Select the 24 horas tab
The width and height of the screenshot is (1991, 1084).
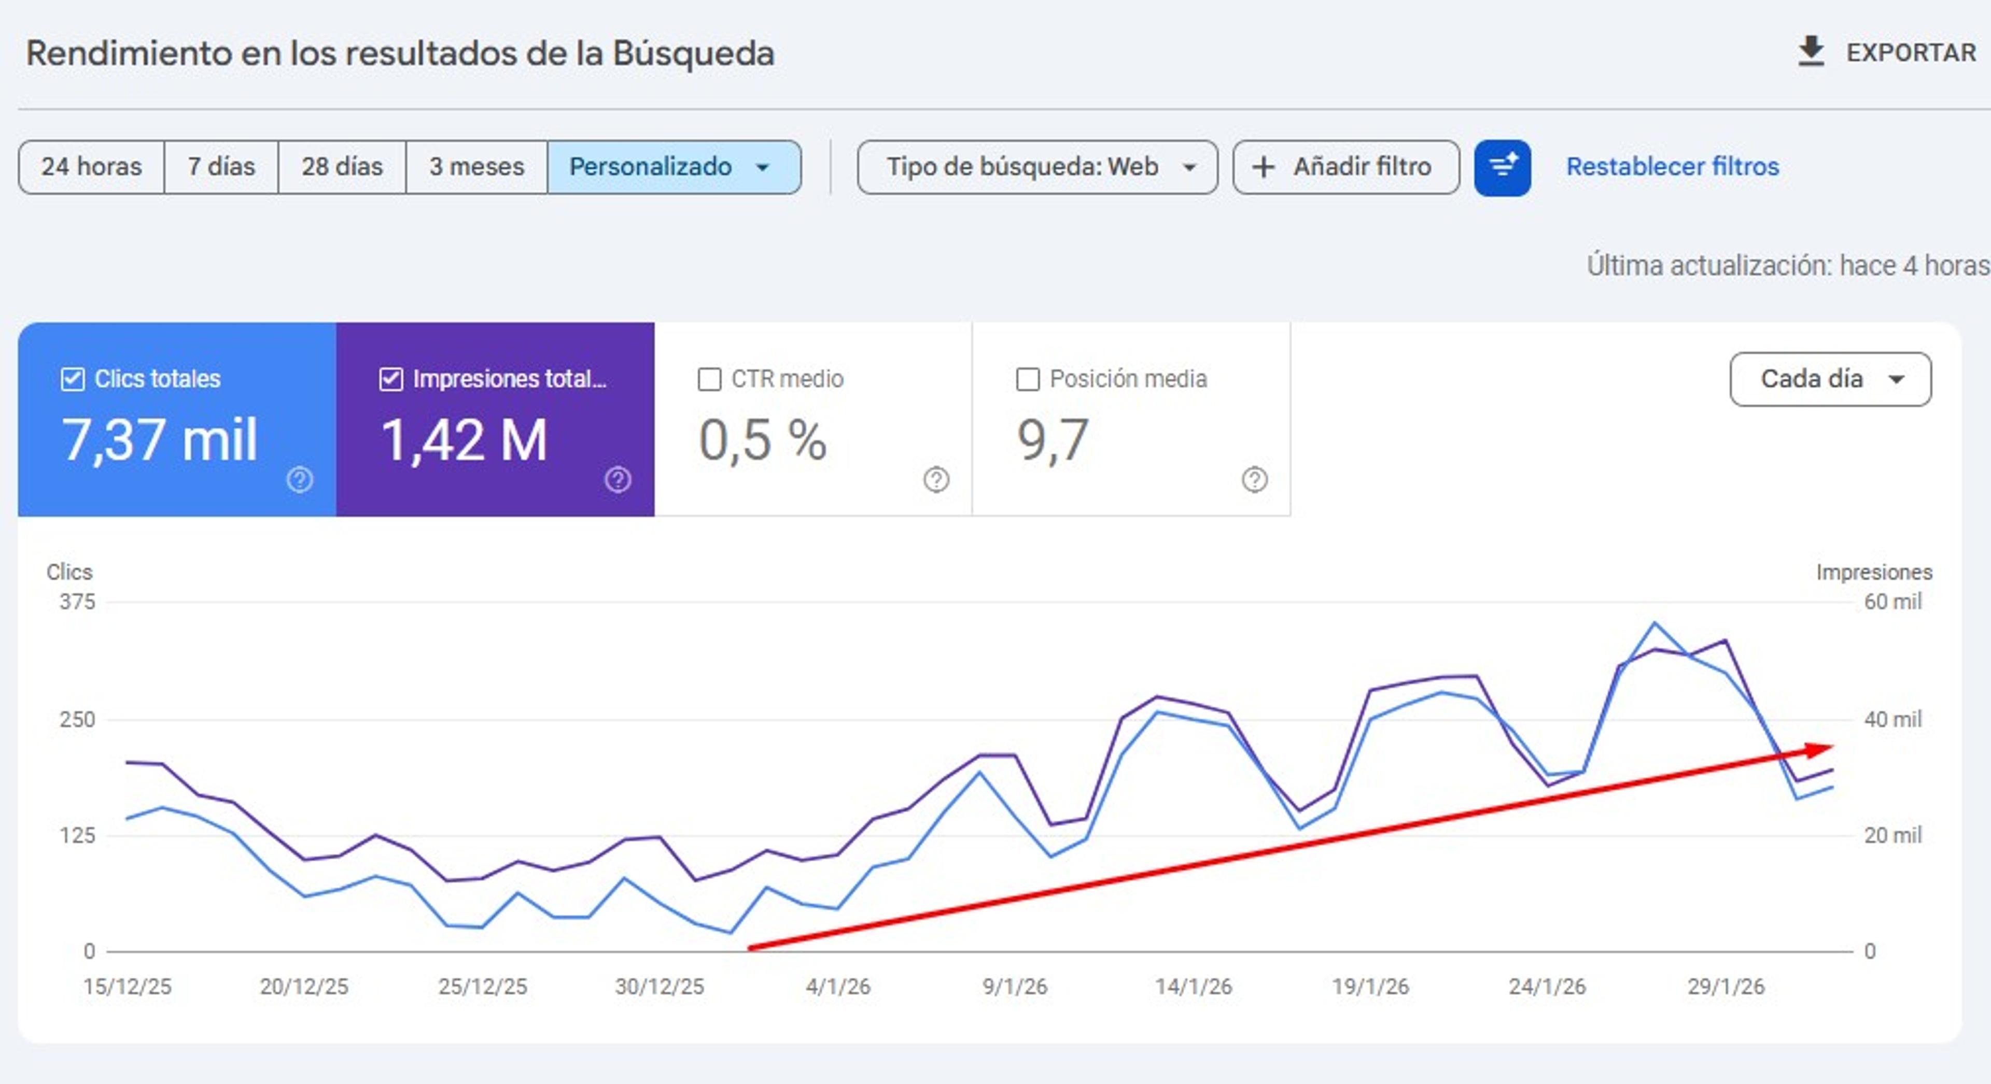pyautogui.click(x=91, y=167)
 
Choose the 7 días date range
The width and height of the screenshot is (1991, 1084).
pyautogui.click(x=221, y=167)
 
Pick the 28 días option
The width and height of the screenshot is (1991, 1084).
pyautogui.click(x=342, y=167)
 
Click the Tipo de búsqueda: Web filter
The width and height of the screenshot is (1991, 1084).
pyautogui.click(x=1037, y=167)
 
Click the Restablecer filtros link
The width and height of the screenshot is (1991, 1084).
pyautogui.click(x=1673, y=167)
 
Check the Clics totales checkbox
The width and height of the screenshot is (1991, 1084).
pyautogui.click(x=73, y=379)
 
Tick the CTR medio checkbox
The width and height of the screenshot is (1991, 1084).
pyautogui.click(x=709, y=379)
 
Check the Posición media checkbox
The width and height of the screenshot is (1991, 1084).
pyautogui.click(x=1027, y=379)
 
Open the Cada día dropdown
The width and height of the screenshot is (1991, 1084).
pyautogui.click(x=1830, y=379)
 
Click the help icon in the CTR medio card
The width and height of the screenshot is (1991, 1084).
pyautogui.click(x=936, y=480)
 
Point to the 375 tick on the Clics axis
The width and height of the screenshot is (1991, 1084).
pyautogui.click(x=77, y=602)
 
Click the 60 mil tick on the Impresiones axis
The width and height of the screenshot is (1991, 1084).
pyautogui.click(x=1892, y=602)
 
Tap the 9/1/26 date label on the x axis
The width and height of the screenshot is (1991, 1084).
pyautogui.click(x=1015, y=987)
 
